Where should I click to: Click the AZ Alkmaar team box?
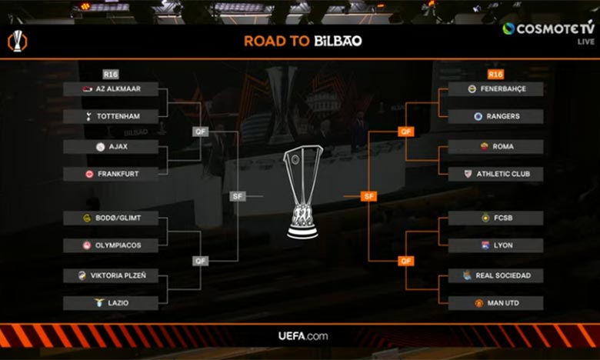click(x=111, y=89)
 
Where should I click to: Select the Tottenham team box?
click(x=111, y=116)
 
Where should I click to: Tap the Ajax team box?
click(x=111, y=146)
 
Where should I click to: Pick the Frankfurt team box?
click(x=111, y=174)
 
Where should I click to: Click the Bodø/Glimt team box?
click(x=111, y=218)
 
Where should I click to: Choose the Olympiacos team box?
click(x=111, y=245)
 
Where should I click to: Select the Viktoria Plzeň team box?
click(x=111, y=275)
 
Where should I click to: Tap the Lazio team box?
click(x=111, y=303)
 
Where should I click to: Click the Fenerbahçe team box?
click(x=495, y=89)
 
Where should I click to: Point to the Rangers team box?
click(x=495, y=116)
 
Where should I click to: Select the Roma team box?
click(x=495, y=146)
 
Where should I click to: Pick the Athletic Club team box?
click(x=495, y=174)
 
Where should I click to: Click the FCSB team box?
click(x=495, y=218)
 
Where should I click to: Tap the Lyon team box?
click(x=495, y=245)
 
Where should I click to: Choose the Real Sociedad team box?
click(x=495, y=275)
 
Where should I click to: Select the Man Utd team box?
click(x=495, y=303)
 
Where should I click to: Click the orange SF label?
click(x=369, y=196)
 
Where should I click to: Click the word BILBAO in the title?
click(x=338, y=41)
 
